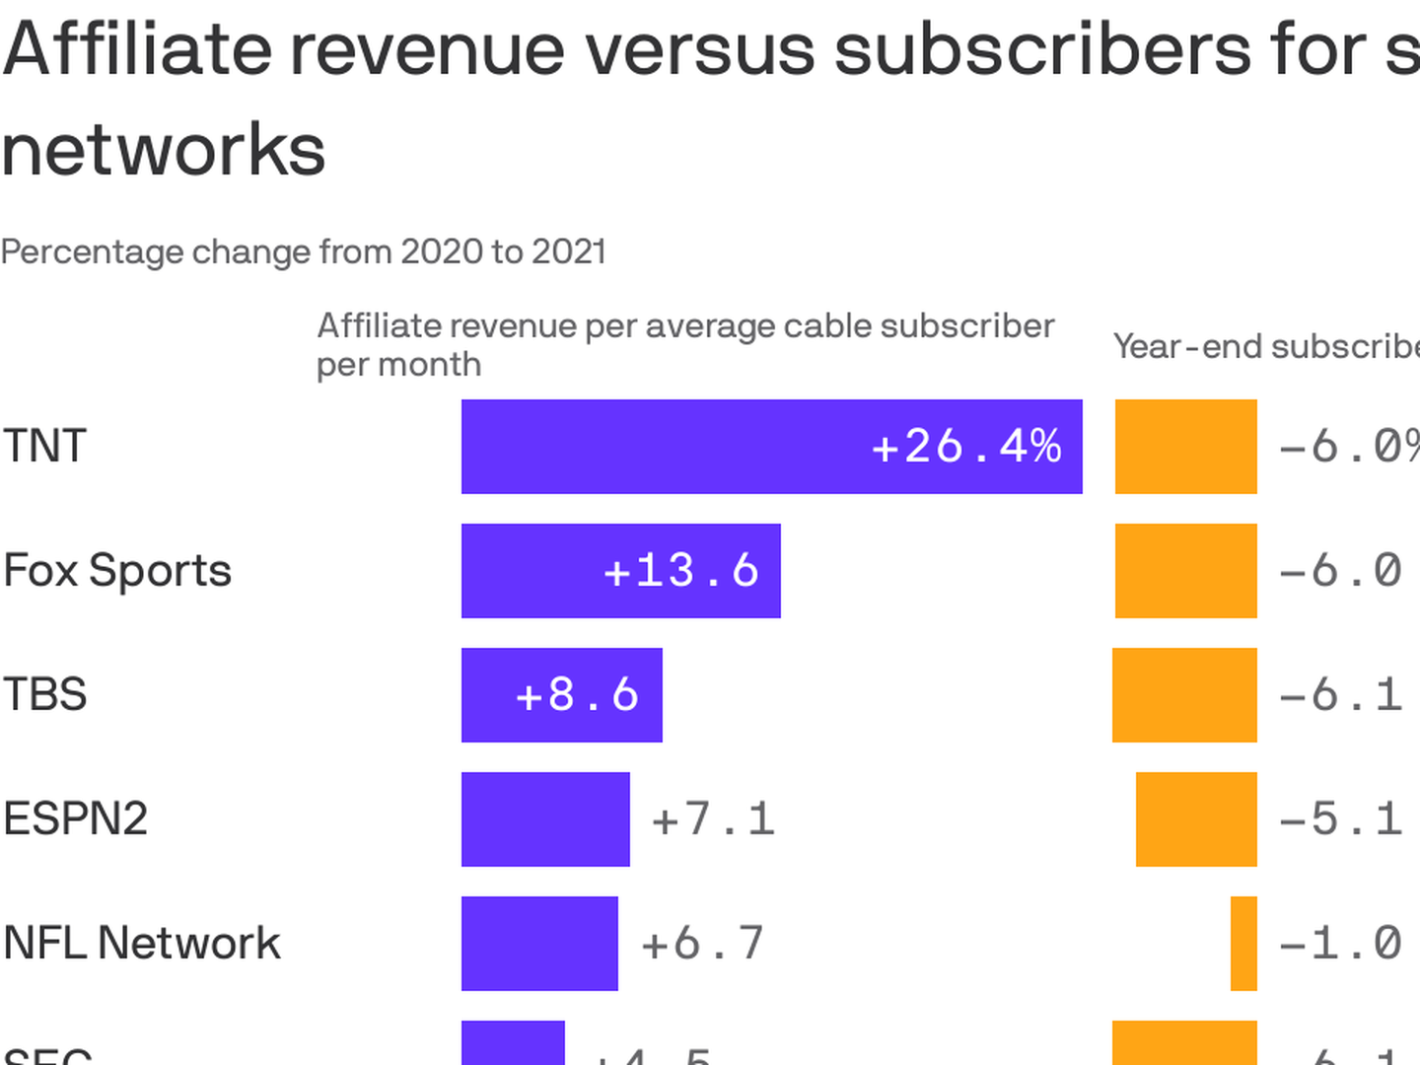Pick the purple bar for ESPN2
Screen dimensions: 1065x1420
545,819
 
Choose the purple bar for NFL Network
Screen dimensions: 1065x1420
539,944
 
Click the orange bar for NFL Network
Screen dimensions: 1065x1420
1243,944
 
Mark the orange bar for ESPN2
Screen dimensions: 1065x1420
1196,819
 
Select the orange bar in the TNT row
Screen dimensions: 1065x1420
1185,447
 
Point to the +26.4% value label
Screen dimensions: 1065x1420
966,447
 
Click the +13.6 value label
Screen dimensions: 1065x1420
681,571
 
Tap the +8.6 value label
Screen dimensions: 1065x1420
578,695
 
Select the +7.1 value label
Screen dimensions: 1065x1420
713,819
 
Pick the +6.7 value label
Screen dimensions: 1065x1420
702,944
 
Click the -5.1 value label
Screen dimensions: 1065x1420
1340,819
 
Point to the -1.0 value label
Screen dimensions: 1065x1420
1340,944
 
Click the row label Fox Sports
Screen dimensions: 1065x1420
117,571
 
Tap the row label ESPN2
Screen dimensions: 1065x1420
75,819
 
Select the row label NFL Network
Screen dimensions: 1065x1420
142,944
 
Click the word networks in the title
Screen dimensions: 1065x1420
164,150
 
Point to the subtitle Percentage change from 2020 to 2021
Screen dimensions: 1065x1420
304,252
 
